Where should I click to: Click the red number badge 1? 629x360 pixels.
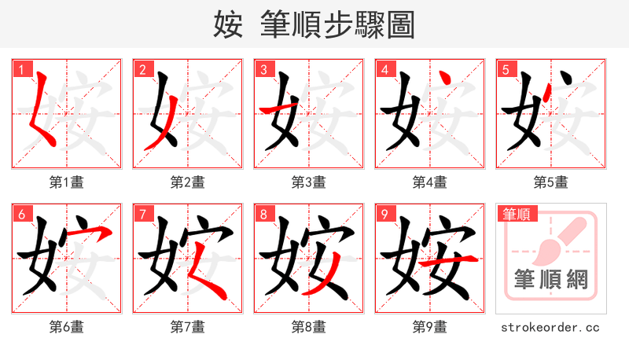click(21, 69)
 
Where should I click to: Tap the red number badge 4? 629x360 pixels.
click(384, 69)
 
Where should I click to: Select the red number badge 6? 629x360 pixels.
click(21, 214)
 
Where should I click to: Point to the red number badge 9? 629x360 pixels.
click(384, 214)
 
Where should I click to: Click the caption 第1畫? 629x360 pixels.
click(67, 182)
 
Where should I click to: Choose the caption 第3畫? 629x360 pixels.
click(309, 182)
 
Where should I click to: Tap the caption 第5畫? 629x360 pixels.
click(551, 182)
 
